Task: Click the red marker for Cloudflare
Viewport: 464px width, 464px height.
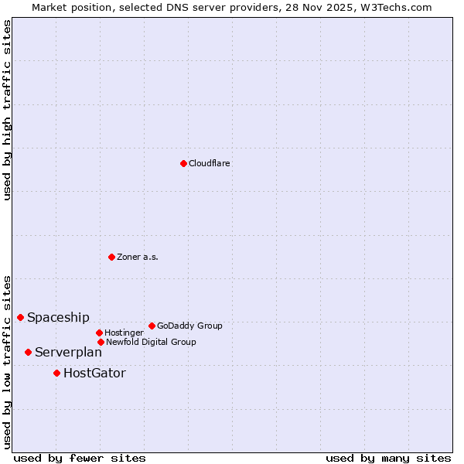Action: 183,163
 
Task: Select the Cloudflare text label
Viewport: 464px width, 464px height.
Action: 210,163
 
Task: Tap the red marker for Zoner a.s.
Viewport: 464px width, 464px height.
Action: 111,257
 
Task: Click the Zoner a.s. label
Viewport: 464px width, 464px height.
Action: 138,257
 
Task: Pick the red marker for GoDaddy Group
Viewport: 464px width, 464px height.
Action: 152,326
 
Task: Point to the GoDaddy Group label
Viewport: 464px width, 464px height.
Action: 189,326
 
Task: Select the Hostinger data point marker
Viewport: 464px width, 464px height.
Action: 99,333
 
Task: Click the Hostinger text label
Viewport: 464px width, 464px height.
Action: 124,333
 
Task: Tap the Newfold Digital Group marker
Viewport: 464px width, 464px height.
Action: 101,342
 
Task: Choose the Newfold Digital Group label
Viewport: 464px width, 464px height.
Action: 151,342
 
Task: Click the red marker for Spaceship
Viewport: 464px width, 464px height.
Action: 20,317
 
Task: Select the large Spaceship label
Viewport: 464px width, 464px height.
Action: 58,317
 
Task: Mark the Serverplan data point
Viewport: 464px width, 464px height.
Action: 28,352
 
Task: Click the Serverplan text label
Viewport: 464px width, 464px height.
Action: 68,352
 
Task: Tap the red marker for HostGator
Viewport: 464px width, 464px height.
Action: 56,373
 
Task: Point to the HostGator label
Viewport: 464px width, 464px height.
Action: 94,373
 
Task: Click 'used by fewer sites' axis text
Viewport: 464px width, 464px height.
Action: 80,458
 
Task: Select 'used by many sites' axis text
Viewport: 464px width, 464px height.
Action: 388,458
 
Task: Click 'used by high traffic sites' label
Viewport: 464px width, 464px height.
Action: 7,110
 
